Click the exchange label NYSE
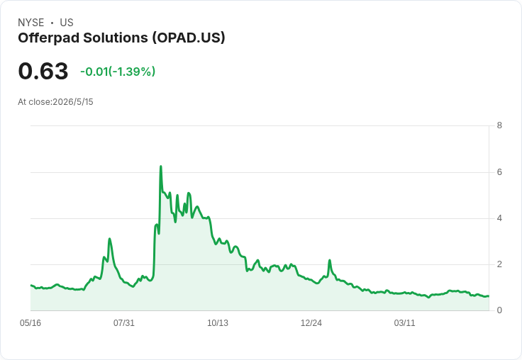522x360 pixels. click(31, 23)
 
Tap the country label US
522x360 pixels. click(67, 23)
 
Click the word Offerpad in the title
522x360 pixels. click(49, 38)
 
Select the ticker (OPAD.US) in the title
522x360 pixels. click(189, 38)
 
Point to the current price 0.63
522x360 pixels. click(43, 71)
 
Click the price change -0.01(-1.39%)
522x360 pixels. click(118, 72)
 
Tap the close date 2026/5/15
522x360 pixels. click(73, 102)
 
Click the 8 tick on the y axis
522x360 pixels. click(499, 125)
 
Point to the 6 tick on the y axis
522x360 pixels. click(499, 172)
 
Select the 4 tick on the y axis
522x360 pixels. click(499, 218)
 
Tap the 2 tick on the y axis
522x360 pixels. click(499, 264)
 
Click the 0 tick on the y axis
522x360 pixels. click(499, 310)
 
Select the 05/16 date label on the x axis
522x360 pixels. click(30, 323)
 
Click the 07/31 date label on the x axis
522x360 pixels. click(124, 323)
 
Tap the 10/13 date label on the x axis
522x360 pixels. click(218, 323)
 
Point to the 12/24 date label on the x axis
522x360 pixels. click(311, 323)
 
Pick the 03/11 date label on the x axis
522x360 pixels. click(404, 323)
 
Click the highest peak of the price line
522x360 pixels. click(161, 166)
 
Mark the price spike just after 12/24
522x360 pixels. click(330, 260)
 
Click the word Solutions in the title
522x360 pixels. click(116, 38)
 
